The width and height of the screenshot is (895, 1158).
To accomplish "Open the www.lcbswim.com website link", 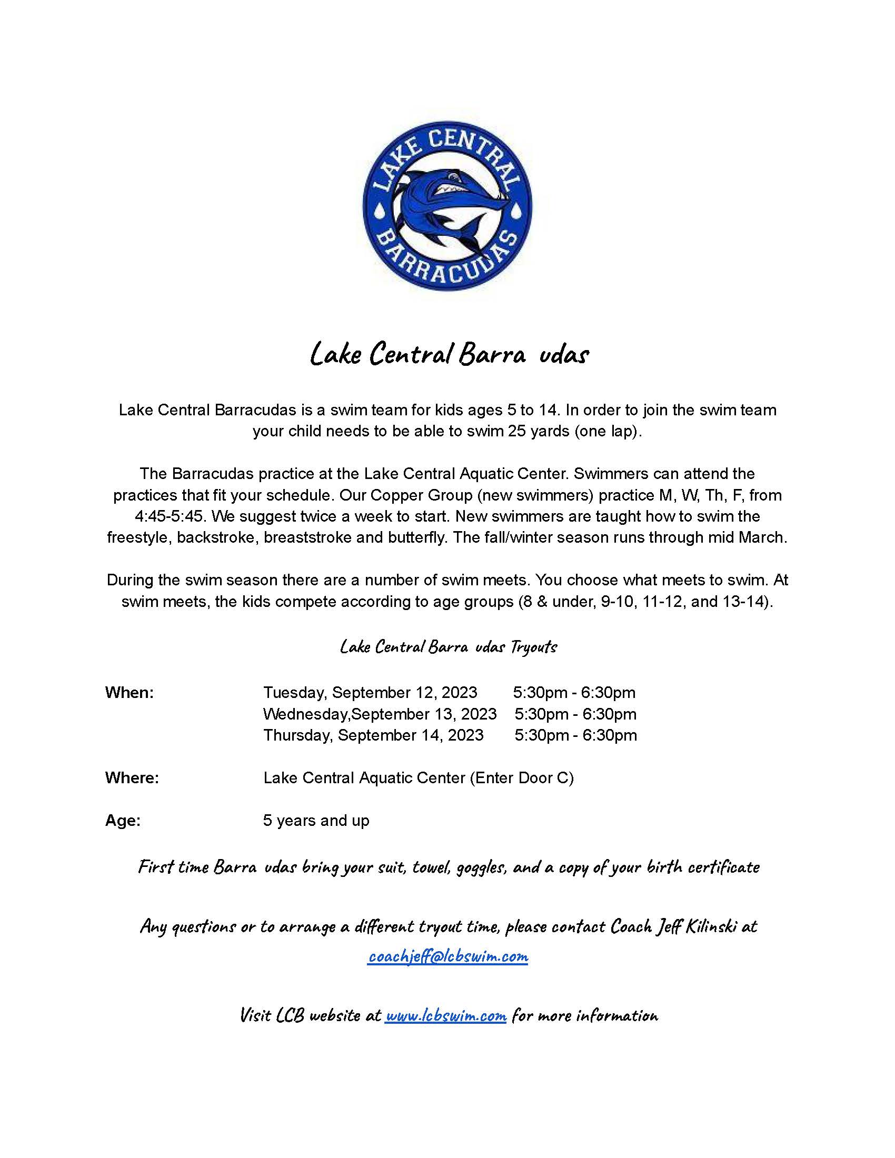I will pos(445,1016).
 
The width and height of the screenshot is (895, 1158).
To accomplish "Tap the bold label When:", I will pos(130,693).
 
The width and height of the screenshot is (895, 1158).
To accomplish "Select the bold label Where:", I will pos(132,778).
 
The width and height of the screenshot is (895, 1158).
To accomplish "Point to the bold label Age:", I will pos(123,821).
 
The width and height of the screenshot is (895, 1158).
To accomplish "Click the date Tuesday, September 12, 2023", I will pos(370,693).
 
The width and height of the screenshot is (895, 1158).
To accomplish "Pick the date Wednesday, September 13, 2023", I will pos(380,714).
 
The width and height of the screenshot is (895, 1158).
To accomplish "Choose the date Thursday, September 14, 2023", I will pos(373,735).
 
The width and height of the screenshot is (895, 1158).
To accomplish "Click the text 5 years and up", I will pos(316,821).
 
